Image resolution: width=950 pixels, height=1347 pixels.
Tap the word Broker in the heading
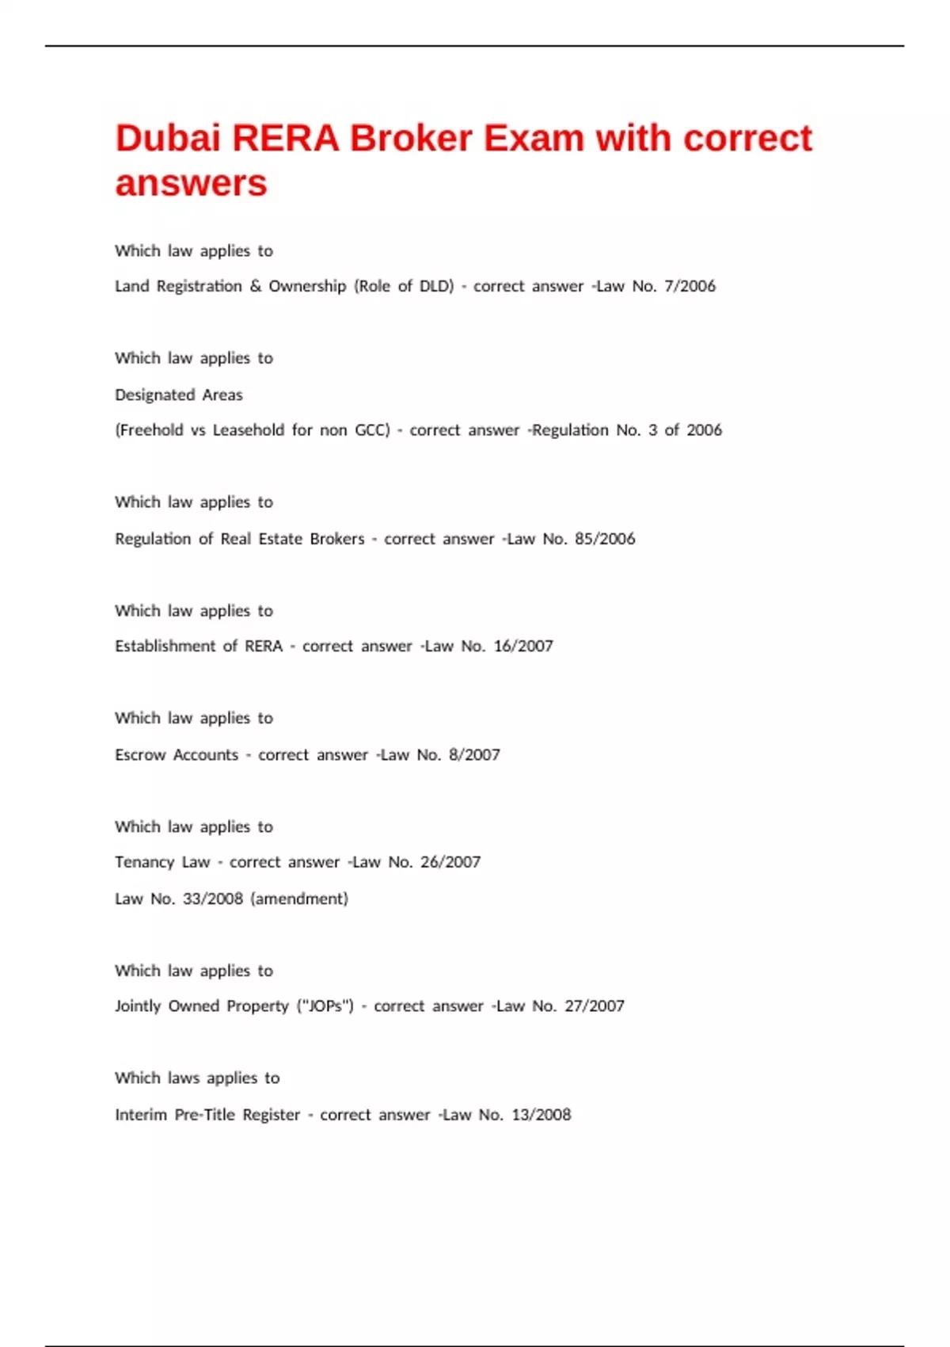pyautogui.click(x=411, y=139)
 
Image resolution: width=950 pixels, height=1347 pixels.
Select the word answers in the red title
pyautogui.click(x=191, y=184)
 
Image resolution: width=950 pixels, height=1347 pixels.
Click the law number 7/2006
pyautogui.click(x=690, y=286)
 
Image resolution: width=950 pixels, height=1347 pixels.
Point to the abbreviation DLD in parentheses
pyautogui.click(x=435, y=286)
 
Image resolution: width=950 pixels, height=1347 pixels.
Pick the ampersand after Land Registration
pyautogui.click(x=256, y=286)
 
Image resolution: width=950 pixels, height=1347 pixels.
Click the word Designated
pyautogui.click(x=154, y=395)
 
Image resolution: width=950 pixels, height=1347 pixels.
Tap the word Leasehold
pyautogui.click(x=248, y=430)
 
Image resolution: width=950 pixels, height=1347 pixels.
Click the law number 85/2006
pyautogui.click(x=605, y=539)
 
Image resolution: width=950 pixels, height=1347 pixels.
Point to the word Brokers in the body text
pyautogui.click(x=337, y=539)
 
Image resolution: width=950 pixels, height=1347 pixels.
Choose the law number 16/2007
pyautogui.click(x=523, y=647)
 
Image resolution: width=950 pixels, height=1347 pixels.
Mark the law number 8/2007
pyautogui.click(x=474, y=755)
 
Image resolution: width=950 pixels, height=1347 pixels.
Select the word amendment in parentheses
pyautogui.click(x=299, y=899)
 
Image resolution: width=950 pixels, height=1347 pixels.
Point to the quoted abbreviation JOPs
pyautogui.click(x=325, y=1006)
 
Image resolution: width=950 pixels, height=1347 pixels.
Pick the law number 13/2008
pyautogui.click(x=541, y=1115)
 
